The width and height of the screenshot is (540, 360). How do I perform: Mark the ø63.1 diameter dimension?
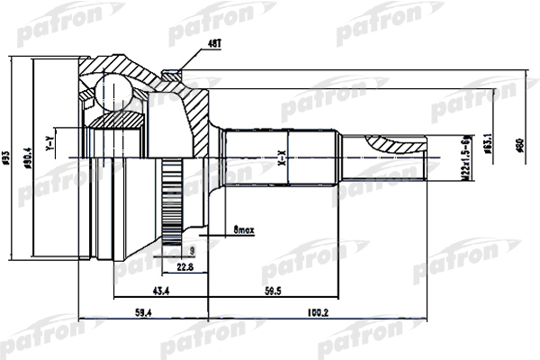(486, 144)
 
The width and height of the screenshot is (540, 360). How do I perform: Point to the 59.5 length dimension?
(273, 290)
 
